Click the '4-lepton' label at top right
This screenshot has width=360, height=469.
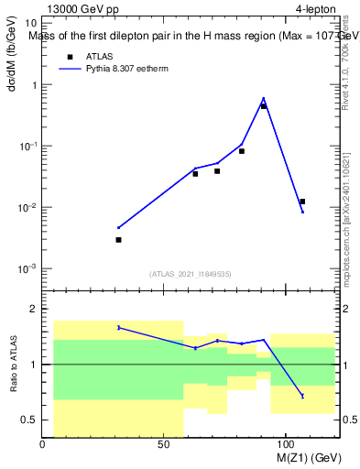316,10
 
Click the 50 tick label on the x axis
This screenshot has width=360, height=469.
164,444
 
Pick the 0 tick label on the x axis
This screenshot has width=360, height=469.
43,444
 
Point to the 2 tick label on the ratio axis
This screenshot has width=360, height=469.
33,310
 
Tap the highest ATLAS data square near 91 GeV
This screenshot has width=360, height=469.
264,106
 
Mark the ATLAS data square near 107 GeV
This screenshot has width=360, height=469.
302,202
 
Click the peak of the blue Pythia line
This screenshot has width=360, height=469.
264,98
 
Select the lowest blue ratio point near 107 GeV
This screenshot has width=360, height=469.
302,396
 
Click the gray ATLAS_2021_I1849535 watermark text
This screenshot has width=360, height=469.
191,274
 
